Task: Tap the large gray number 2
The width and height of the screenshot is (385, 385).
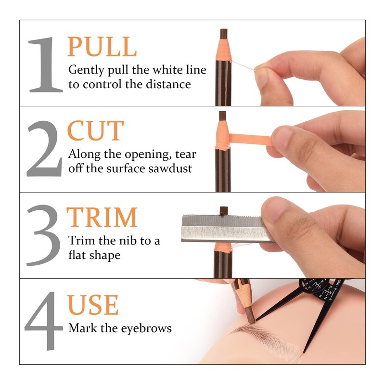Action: (x=44, y=149)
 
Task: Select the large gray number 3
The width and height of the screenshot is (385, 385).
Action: (x=44, y=235)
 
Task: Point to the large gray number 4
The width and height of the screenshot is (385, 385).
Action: (x=44, y=321)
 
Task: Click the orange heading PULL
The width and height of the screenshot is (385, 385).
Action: (x=102, y=46)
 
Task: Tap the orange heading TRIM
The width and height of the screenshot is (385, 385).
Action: (x=102, y=217)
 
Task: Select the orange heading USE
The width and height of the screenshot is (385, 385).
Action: (x=93, y=305)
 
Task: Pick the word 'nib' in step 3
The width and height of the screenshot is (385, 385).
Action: (x=129, y=240)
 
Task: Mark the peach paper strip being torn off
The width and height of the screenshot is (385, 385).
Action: (x=250, y=139)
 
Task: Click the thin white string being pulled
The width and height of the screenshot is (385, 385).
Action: (x=243, y=66)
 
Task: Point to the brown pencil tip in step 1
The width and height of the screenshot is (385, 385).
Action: (x=223, y=34)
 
